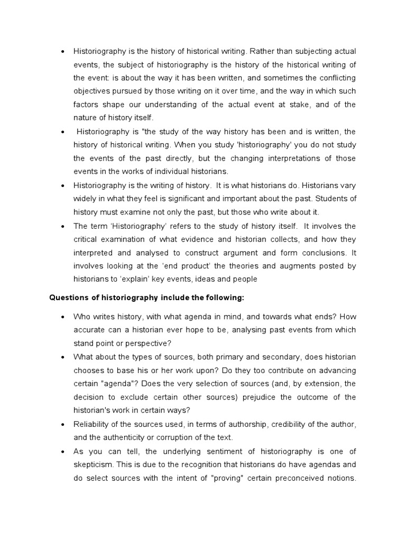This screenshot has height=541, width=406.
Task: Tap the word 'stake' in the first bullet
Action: click(x=300, y=104)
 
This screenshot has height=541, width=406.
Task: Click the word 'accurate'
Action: click(x=89, y=330)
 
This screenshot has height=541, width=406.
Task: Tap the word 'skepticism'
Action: click(x=93, y=465)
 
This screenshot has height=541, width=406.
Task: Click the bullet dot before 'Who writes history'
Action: click(x=63, y=316)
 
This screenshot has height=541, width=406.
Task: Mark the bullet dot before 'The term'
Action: click(x=63, y=225)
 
